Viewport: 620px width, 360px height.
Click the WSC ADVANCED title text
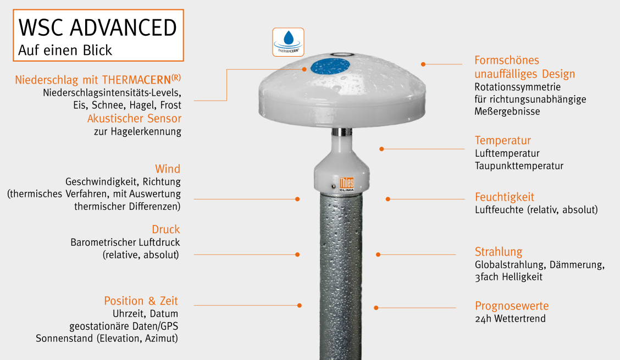98,27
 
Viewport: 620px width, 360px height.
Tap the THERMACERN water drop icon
288,42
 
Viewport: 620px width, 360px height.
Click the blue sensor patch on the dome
330,66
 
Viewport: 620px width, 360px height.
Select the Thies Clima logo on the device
346,184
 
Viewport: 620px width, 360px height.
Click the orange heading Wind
168,169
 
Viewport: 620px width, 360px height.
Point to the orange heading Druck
166,229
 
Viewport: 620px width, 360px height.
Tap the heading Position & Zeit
141,301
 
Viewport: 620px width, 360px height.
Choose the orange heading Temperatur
502,141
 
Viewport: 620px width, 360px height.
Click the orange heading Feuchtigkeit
504,197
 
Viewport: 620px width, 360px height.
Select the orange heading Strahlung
498,252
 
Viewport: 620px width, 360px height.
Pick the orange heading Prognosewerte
512,306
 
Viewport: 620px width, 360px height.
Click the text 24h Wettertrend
510,319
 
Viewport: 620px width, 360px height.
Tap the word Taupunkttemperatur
519,166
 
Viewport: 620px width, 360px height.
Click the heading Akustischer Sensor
135,118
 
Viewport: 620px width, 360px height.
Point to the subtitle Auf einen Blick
65,50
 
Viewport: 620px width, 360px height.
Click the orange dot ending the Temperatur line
381,149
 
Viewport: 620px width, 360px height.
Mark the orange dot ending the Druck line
297,254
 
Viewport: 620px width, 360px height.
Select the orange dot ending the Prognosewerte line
376,307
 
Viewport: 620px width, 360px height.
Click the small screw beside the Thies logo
333,186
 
